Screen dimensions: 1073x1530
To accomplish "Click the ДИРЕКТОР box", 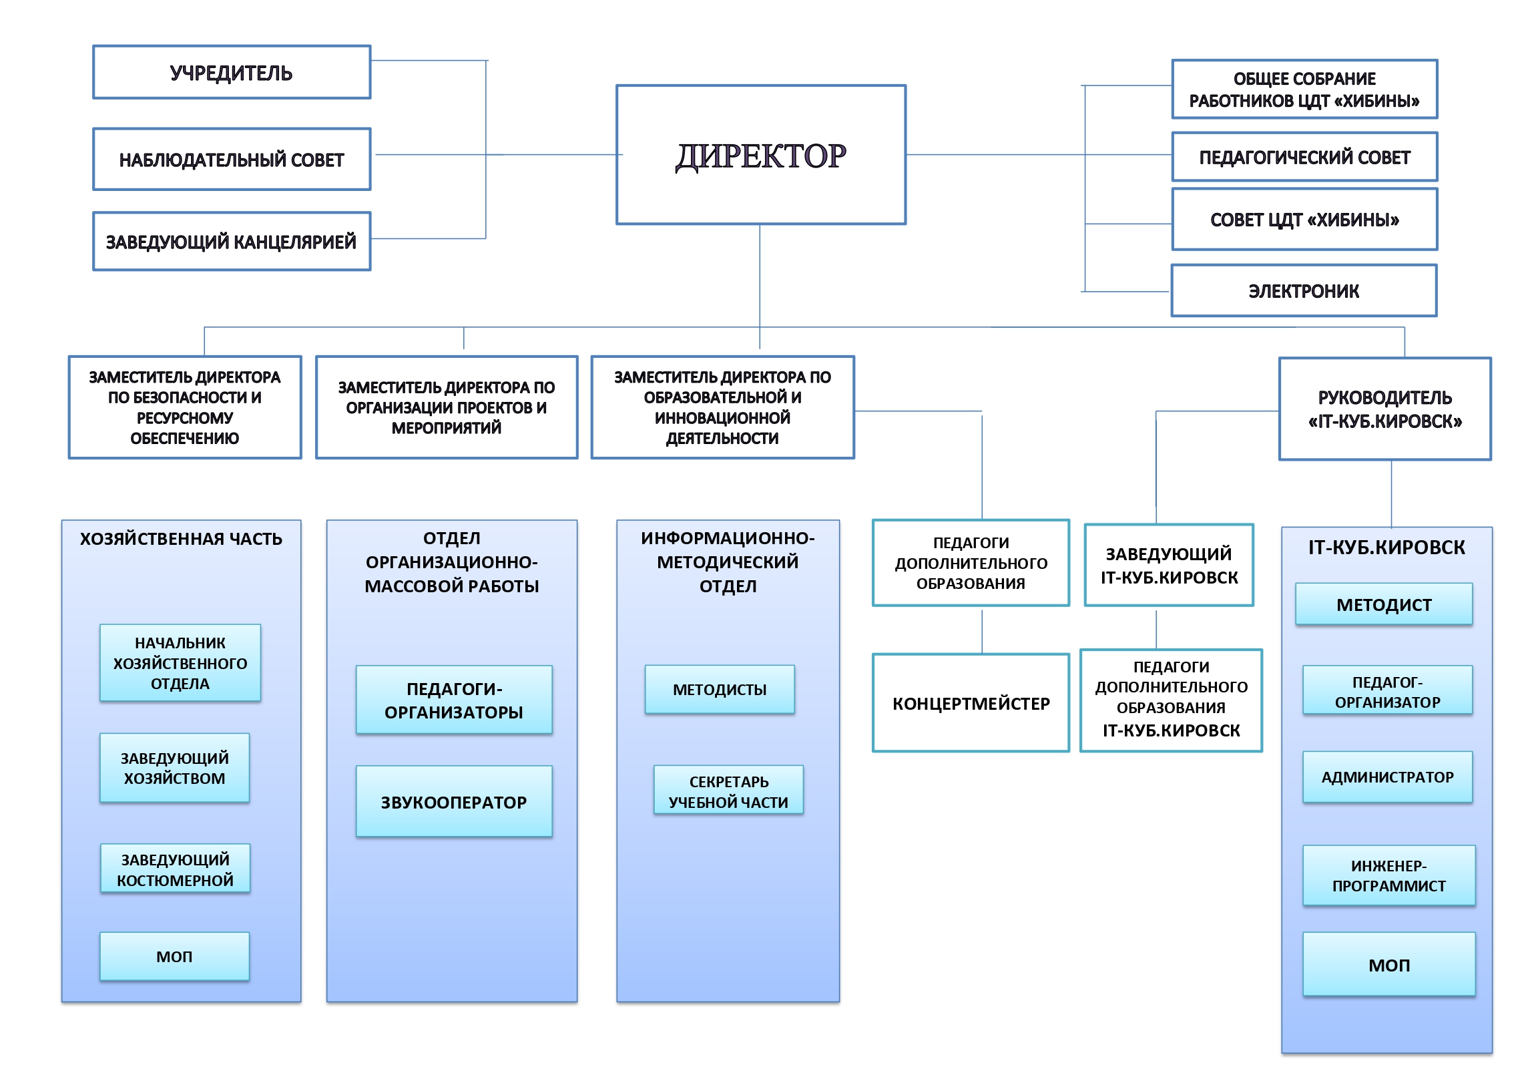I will point(760,155).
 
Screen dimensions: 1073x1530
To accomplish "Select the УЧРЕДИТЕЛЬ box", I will point(231,72).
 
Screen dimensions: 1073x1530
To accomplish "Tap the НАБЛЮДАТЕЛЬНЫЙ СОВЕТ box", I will point(231,160).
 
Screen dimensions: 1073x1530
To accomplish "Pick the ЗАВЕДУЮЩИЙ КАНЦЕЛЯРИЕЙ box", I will point(231,241).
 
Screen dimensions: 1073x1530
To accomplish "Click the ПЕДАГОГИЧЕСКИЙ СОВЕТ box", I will point(1304,157).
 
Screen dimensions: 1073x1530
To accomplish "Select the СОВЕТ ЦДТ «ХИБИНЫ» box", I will point(1304,219).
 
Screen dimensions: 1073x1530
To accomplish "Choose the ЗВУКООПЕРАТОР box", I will point(453,801).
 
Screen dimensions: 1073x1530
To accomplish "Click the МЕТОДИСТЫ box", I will point(719,689).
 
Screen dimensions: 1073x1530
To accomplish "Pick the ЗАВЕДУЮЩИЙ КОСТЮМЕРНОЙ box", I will point(175,869).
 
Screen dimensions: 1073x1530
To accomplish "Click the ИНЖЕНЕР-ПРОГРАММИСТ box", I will point(1388,875).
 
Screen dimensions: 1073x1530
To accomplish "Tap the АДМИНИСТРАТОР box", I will point(1387,777).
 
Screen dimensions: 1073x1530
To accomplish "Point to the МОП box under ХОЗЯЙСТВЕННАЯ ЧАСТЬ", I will point(174,956).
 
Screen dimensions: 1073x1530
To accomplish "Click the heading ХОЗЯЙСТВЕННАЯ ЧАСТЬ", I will point(181,539).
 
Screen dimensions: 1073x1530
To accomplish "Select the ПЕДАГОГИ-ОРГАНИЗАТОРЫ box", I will point(453,700).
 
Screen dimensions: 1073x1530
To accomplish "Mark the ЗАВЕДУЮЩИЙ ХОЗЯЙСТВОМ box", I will point(174,768).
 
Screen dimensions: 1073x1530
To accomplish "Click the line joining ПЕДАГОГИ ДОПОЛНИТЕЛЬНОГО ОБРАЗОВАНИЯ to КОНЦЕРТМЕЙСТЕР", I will point(981,630).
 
